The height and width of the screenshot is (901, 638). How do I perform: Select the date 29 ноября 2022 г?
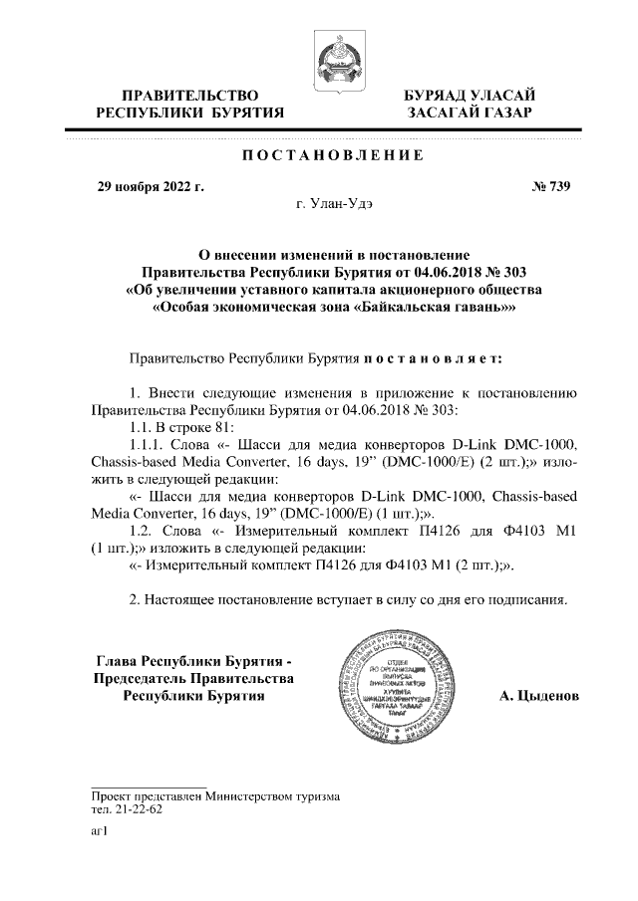click(x=149, y=184)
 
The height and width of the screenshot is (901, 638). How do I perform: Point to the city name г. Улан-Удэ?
click(x=335, y=203)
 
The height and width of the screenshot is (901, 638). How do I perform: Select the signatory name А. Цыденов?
click(x=538, y=696)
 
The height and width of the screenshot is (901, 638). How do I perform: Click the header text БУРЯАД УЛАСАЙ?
click(x=468, y=95)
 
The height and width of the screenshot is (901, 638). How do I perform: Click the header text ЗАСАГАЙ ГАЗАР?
click(x=468, y=113)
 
